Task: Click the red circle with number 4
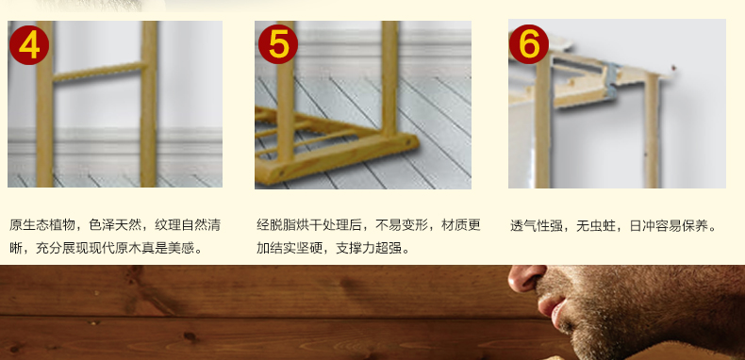(29, 45)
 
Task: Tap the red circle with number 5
(278, 44)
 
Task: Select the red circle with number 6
(529, 44)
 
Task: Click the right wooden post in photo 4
(149, 104)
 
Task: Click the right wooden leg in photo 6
(652, 131)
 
